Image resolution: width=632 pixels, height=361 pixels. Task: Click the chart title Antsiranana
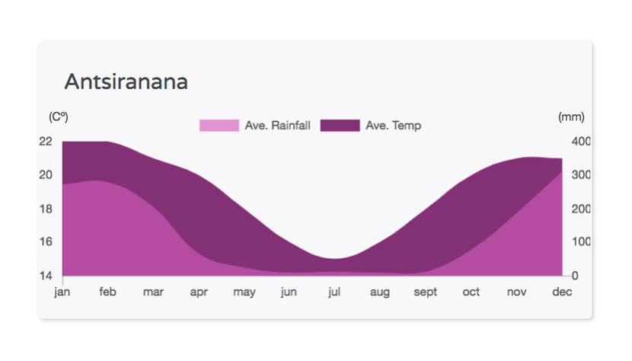(x=126, y=82)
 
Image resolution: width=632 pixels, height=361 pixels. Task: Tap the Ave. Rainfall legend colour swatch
(x=219, y=126)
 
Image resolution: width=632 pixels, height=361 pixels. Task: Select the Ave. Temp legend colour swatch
(x=340, y=126)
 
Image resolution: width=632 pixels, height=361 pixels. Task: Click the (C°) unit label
(x=59, y=117)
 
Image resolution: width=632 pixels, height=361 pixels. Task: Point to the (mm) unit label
(x=571, y=117)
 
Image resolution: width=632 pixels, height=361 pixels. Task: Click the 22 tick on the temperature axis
(x=46, y=142)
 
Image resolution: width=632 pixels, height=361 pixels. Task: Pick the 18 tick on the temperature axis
(x=46, y=209)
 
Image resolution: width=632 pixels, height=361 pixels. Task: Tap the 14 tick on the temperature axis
(x=46, y=276)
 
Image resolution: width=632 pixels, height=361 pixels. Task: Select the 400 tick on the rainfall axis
(x=581, y=142)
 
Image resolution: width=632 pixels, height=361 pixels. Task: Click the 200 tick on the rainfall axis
(x=581, y=209)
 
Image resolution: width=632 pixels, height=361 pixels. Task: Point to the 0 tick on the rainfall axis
(x=575, y=276)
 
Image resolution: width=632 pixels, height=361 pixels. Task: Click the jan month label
(x=62, y=292)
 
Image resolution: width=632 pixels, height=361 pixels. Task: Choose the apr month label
(x=199, y=292)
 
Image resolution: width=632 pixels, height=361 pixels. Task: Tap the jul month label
(x=334, y=292)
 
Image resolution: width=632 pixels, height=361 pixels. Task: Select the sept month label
(x=425, y=292)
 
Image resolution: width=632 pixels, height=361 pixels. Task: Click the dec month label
(x=562, y=292)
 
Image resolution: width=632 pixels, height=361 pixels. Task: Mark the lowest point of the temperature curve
(x=334, y=258)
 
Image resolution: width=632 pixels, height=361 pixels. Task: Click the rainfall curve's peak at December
(x=562, y=172)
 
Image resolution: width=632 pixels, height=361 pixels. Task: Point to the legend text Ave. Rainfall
(x=277, y=126)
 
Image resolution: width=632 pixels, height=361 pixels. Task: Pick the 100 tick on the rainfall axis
(x=581, y=242)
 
